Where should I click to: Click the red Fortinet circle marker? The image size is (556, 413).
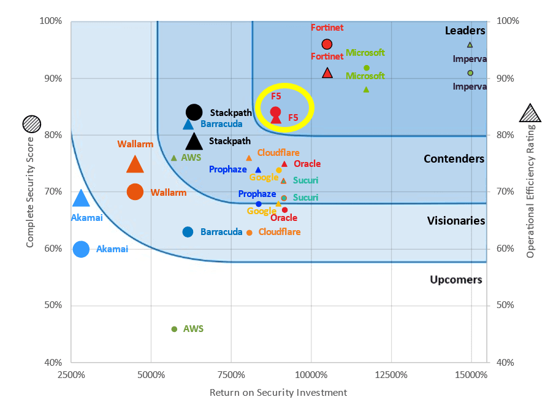coord(327,44)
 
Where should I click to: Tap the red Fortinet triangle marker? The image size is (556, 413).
coord(327,73)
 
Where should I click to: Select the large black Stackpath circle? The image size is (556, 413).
coord(194,112)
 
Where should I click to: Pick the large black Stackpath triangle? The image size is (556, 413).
coord(194,142)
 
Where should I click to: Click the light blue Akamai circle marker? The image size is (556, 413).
coord(81,249)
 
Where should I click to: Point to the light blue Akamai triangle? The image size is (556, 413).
coord(82,198)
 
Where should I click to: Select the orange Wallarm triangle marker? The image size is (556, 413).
coord(135,164)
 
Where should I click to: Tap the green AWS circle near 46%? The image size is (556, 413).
coord(174,330)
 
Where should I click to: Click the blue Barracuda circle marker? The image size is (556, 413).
coord(188,232)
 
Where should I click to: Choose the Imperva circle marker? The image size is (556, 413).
coord(470,73)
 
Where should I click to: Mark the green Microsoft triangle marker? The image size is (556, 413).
coord(366,90)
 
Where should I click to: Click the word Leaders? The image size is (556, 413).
coord(465,31)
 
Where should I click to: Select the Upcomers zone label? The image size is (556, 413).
coord(456,280)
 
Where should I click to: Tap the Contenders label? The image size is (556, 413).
coord(454,159)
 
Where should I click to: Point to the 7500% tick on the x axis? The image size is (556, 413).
coord(231,374)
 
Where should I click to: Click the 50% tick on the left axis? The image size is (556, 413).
coord(51,306)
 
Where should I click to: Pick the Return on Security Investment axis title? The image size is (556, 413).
coord(278,393)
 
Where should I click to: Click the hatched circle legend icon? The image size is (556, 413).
coord(31,124)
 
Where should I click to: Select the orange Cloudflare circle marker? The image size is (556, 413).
coord(249,233)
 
